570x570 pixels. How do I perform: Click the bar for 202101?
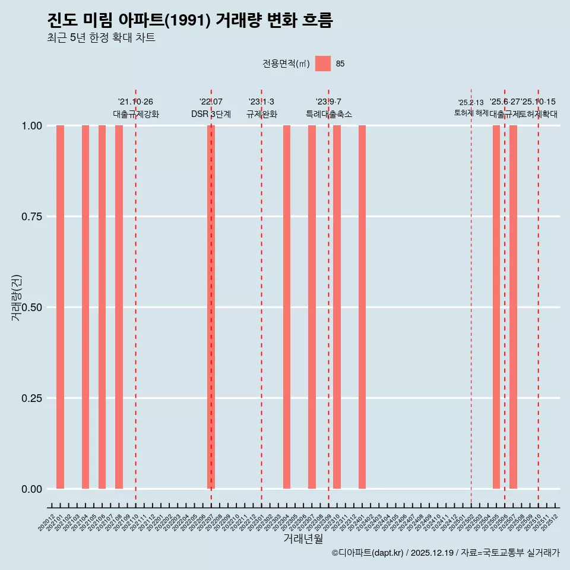point(60,307)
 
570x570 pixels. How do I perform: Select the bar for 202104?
point(85,307)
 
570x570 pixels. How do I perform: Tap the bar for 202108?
point(119,307)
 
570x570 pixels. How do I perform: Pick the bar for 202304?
point(287,307)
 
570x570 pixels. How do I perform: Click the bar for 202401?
point(362,307)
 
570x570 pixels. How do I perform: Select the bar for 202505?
point(496,307)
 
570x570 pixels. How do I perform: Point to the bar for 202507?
point(513,307)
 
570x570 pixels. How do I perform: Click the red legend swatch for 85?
point(323,64)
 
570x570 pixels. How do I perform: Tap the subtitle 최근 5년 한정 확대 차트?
point(101,38)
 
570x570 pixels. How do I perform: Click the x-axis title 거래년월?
point(303,539)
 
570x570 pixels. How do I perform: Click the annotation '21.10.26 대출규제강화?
point(136,108)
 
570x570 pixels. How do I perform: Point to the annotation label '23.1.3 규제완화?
point(262,108)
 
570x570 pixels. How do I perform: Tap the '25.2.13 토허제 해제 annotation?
point(471,107)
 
